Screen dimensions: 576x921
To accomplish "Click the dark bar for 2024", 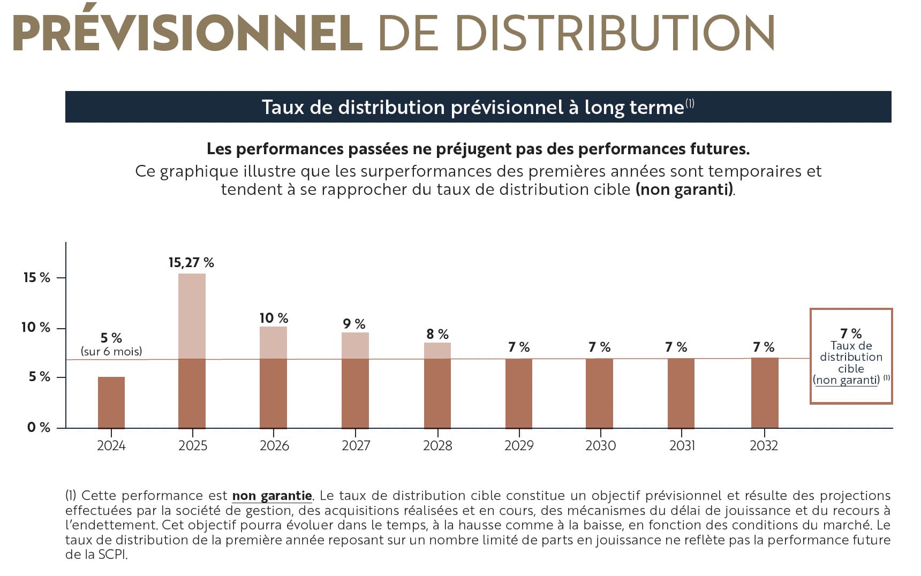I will pos(111,402).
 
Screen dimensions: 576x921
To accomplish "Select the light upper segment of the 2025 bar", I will pos(192,316).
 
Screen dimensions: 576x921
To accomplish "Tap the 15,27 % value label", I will pos(191,262).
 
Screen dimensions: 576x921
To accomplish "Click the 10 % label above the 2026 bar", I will pos(274,318).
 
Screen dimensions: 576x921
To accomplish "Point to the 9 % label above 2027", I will pos(354,324).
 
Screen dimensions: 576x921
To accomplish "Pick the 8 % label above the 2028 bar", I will pos(437,334).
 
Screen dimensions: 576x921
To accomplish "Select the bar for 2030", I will pos(599,393).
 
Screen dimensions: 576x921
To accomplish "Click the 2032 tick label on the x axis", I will pos(764,445).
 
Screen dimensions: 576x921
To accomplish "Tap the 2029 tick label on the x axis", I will pos(519,445).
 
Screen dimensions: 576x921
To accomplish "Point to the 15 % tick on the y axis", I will pos(36,277).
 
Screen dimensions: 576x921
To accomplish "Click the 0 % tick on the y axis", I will pos(39,427).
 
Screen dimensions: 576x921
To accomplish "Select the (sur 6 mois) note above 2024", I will pos(111,352).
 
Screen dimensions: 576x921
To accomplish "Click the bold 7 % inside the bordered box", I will pos(851,334).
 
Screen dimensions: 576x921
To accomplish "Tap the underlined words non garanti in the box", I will pos(847,380).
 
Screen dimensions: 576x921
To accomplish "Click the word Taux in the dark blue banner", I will pos(283,107).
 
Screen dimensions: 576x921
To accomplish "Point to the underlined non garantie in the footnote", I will pos(272,496).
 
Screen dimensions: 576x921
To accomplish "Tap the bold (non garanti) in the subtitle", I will pos(684,190).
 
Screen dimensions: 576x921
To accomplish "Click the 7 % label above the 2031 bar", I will pos(676,347).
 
